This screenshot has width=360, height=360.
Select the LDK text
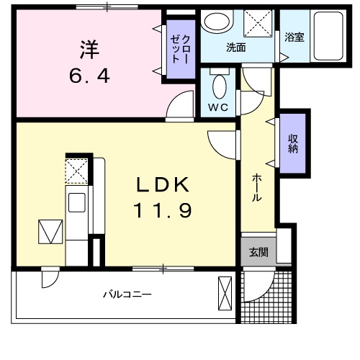tap(163, 185)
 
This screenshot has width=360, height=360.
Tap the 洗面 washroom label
tap(236, 49)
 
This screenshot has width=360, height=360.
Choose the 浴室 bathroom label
tap(293, 37)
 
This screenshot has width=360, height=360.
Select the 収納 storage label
tap(294, 144)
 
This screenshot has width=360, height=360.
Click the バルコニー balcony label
tap(126, 295)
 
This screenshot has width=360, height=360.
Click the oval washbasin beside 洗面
tap(214, 22)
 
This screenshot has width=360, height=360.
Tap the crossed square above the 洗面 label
tap(256, 23)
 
